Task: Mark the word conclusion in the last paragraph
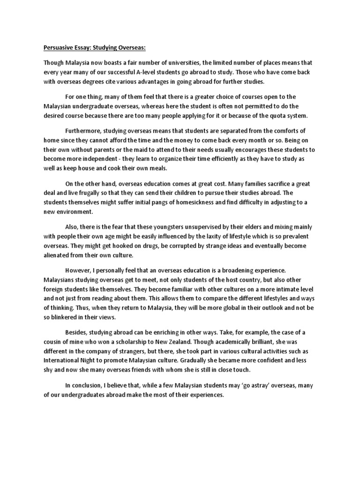point(89,385)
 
